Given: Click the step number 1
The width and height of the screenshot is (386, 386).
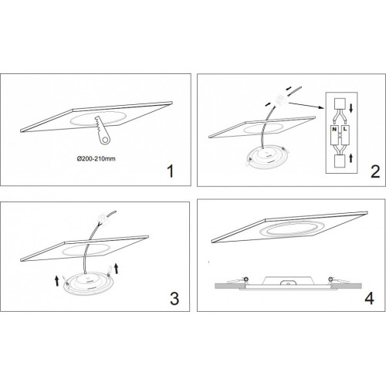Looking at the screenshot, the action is click(x=171, y=171).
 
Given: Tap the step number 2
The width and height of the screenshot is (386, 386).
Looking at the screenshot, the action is click(x=375, y=171).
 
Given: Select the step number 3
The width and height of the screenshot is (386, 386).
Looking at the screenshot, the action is click(x=174, y=299).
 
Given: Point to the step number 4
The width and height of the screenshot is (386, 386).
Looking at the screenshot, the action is click(x=370, y=299).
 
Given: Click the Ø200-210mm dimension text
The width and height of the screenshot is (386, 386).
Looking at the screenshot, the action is click(x=96, y=159).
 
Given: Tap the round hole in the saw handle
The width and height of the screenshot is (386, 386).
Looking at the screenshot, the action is click(x=105, y=140).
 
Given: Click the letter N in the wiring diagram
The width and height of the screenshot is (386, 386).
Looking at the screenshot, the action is click(x=334, y=129).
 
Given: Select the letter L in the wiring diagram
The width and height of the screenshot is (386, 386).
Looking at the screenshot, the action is click(x=345, y=129).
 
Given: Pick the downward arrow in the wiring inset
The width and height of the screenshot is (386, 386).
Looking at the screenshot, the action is click(x=351, y=107).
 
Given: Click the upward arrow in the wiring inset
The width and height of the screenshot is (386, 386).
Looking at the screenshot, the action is click(x=350, y=158).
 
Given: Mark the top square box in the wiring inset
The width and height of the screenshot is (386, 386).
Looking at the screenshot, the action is click(x=340, y=104).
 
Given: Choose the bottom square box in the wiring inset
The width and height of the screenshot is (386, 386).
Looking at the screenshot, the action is click(x=340, y=161).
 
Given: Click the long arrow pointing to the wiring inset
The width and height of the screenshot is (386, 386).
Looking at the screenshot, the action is click(x=306, y=106).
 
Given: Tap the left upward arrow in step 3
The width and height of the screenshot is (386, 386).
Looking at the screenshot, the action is click(x=57, y=280).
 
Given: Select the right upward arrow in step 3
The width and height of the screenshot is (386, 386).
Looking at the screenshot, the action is click(x=116, y=268).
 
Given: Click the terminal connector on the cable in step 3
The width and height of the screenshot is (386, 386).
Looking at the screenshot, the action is click(x=102, y=217).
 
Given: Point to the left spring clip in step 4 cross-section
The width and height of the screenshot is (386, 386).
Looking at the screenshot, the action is click(x=238, y=279).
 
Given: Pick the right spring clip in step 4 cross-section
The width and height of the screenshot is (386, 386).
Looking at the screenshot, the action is click(x=338, y=279).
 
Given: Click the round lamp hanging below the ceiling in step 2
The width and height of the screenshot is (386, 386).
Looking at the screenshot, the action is click(x=267, y=157).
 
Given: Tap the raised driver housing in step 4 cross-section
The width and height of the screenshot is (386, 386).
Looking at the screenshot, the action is click(x=288, y=280).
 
